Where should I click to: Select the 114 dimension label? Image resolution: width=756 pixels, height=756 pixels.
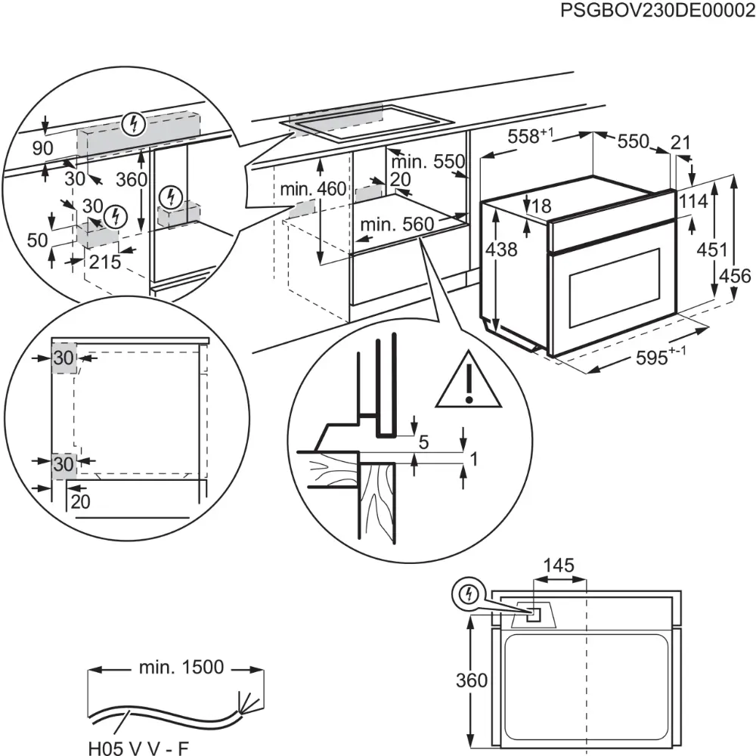pyautogui.click(x=693, y=202)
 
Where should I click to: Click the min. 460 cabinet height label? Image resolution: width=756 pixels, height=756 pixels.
pyautogui.click(x=312, y=189)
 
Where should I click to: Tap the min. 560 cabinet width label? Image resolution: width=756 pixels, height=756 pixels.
pyautogui.click(x=397, y=224)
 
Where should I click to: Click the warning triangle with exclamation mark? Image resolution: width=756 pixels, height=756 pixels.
pyautogui.click(x=469, y=383)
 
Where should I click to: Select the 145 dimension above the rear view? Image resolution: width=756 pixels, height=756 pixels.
pyautogui.click(x=559, y=565)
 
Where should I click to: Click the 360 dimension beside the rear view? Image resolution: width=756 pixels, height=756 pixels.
pyautogui.click(x=472, y=680)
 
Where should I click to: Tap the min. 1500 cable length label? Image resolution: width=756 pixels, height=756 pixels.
pyautogui.click(x=181, y=667)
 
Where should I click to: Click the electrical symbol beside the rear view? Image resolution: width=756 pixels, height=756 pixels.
pyautogui.click(x=469, y=595)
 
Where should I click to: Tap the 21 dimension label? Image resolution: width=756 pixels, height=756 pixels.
pyautogui.click(x=681, y=142)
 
